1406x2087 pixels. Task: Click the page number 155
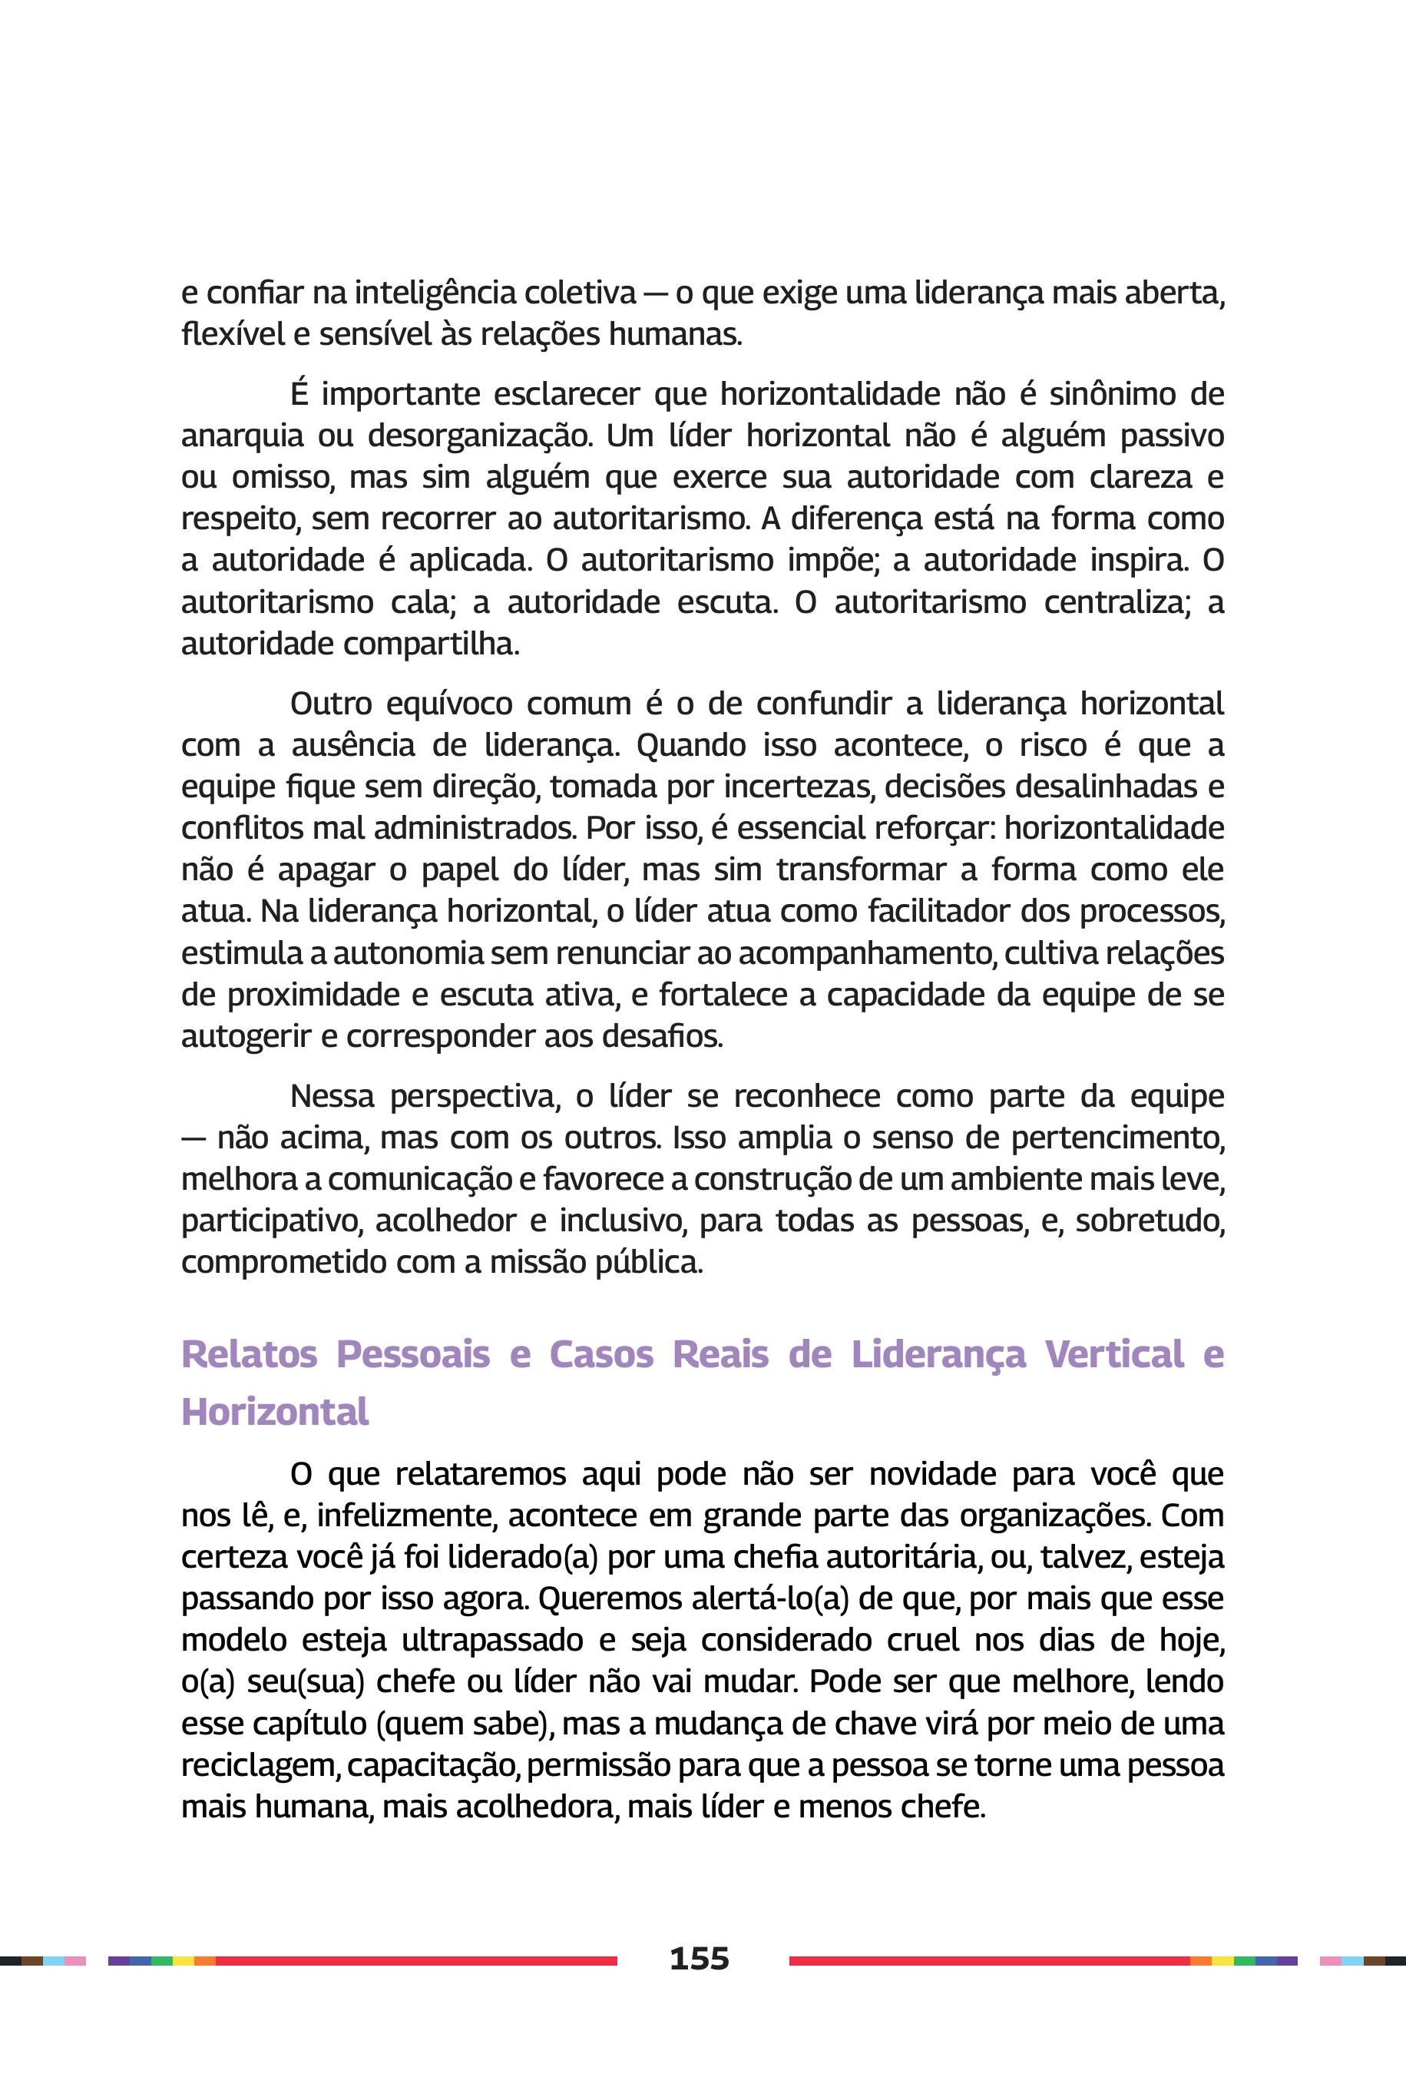tap(700, 1959)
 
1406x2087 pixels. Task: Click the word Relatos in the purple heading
tap(250, 1354)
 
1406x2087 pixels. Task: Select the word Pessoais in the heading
tap(412, 1354)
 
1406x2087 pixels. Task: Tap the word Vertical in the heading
tap(1114, 1354)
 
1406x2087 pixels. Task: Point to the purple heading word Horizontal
tap(274, 1413)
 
